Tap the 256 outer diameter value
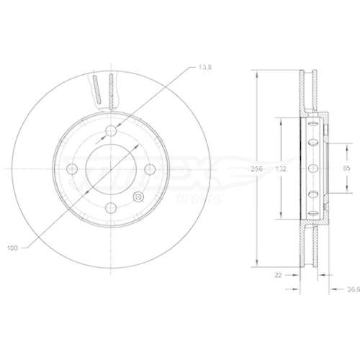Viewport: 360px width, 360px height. pyautogui.click(x=254, y=168)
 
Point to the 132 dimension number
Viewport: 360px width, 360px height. pyautogui.click(x=282, y=168)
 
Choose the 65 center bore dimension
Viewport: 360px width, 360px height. pyautogui.click(x=346, y=168)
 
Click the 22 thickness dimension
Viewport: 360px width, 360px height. pyautogui.click(x=278, y=274)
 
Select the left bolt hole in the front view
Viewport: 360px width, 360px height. pyautogui.click(x=71, y=168)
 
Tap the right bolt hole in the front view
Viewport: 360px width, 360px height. pyautogui.click(x=149, y=168)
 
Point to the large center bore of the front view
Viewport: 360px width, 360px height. pyautogui.click(x=110, y=168)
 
